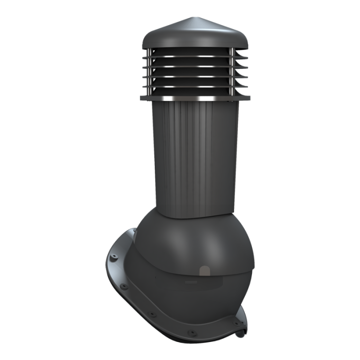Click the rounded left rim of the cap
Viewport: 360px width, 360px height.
146,39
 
